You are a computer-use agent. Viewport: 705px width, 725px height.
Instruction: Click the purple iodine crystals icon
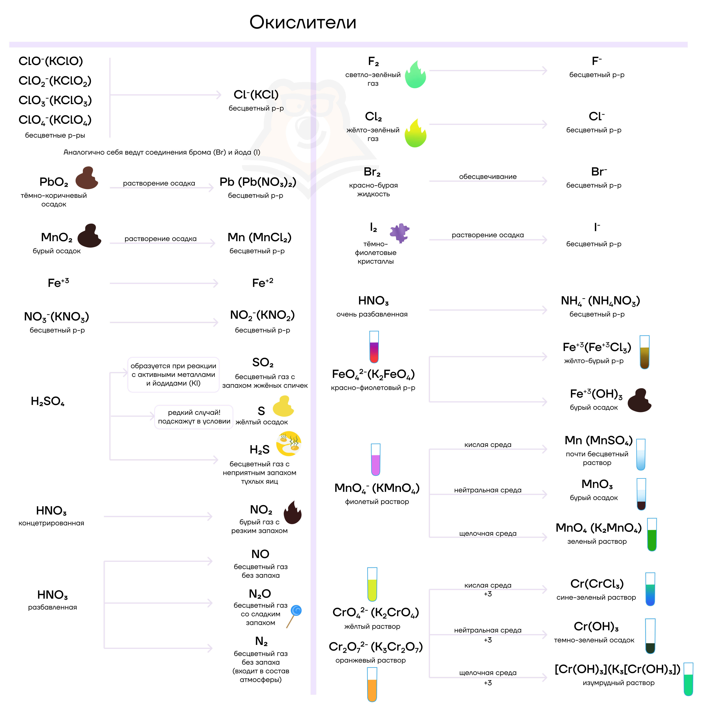pos(399,233)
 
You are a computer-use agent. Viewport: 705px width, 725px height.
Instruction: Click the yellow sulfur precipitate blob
pos(283,406)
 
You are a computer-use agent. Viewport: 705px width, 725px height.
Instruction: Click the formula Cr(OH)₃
pos(596,626)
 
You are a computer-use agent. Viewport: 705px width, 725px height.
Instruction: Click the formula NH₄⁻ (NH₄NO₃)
pos(600,301)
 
